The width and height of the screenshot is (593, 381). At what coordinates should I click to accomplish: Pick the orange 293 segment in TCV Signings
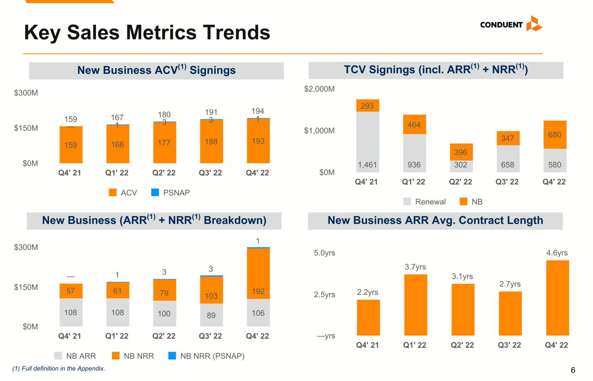coord(368,105)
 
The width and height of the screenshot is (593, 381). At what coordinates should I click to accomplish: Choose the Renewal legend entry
coord(424,202)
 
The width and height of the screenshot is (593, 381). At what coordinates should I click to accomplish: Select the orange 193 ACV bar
coord(258,141)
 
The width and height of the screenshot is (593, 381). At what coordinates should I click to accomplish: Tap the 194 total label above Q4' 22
coord(258,111)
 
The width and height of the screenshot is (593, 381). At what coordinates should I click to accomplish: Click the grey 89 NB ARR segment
coord(211,315)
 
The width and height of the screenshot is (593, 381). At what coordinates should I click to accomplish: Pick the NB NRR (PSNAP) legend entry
coord(206,356)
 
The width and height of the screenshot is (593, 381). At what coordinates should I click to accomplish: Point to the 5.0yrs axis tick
coord(325,253)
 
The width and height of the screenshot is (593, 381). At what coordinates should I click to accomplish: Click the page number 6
coord(573,370)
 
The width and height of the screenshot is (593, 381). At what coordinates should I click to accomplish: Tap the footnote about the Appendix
coord(59,368)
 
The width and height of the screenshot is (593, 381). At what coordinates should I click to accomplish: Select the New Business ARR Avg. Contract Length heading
coord(435,220)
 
